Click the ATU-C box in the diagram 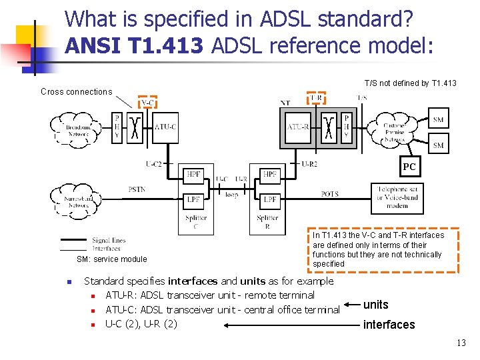(165, 127)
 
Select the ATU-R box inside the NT (298, 127)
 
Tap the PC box (409, 167)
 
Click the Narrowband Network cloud (79, 201)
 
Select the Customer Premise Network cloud (394, 131)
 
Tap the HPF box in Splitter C (193, 175)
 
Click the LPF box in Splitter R (270, 199)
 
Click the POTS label (330, 194)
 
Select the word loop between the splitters (231, 195)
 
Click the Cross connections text (77, 92)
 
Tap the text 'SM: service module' (112, 259)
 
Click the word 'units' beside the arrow (376, 305)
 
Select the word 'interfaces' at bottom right (389, 325)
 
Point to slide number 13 (461, 343)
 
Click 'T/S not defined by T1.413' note (410, 83)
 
